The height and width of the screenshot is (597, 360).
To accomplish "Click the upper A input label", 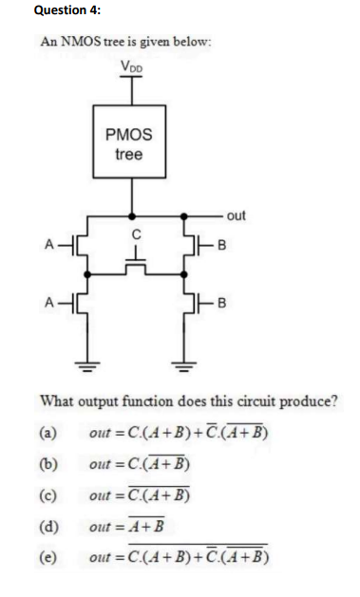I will pyautogui.click(x=46, y=251).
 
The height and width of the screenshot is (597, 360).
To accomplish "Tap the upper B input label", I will pyautogui.click(x=221, y=251).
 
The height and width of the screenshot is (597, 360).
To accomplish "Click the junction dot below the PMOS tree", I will pyautogui.click(x=131, y=217).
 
